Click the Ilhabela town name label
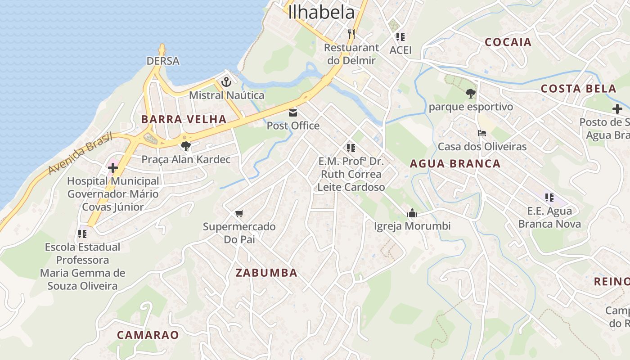[321, 12]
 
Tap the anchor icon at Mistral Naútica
[226, 82]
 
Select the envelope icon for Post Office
[293, 112]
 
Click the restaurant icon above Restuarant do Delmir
[351, 34]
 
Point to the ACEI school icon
[400, 37]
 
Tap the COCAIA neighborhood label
[508, 42]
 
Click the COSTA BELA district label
[578, 89]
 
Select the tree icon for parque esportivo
[471, 94]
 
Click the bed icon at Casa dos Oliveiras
[482, 133]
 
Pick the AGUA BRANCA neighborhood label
[455, 164]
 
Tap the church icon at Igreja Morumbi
[412, 213]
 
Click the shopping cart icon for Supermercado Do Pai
[239, 213]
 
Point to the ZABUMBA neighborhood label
[266, 273]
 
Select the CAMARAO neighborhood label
[148, 335]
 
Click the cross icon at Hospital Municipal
[113, 168]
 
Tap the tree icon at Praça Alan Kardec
[185, 146]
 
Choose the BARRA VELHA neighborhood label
[184, 119]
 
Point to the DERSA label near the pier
[163, 61]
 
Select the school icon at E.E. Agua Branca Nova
[549, 198]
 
